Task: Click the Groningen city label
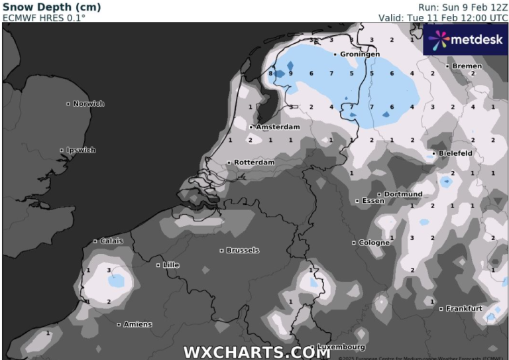tap(360, 54)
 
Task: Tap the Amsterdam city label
tap(278, 127)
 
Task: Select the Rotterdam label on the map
tap(254, 162)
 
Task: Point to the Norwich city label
tap(88, 103)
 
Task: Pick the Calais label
tap(111, 241)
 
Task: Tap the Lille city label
tap(171, 265)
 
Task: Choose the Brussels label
tap(243, 251)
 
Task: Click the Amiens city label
tap(138, 324)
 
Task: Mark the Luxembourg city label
tap(341, 347)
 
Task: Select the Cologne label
tap(374, 243)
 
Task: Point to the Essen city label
tap(372, 200)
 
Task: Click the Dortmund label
tap(403, 194)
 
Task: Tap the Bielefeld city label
tap(455, 153)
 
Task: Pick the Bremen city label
tap(468, 66)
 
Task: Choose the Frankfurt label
tap(463, 308)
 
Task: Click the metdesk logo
tap(465, 40)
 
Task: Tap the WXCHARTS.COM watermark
tap(256, 352)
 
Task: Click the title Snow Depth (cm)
tap(52, 7)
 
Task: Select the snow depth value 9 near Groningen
tap(291, 73)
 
